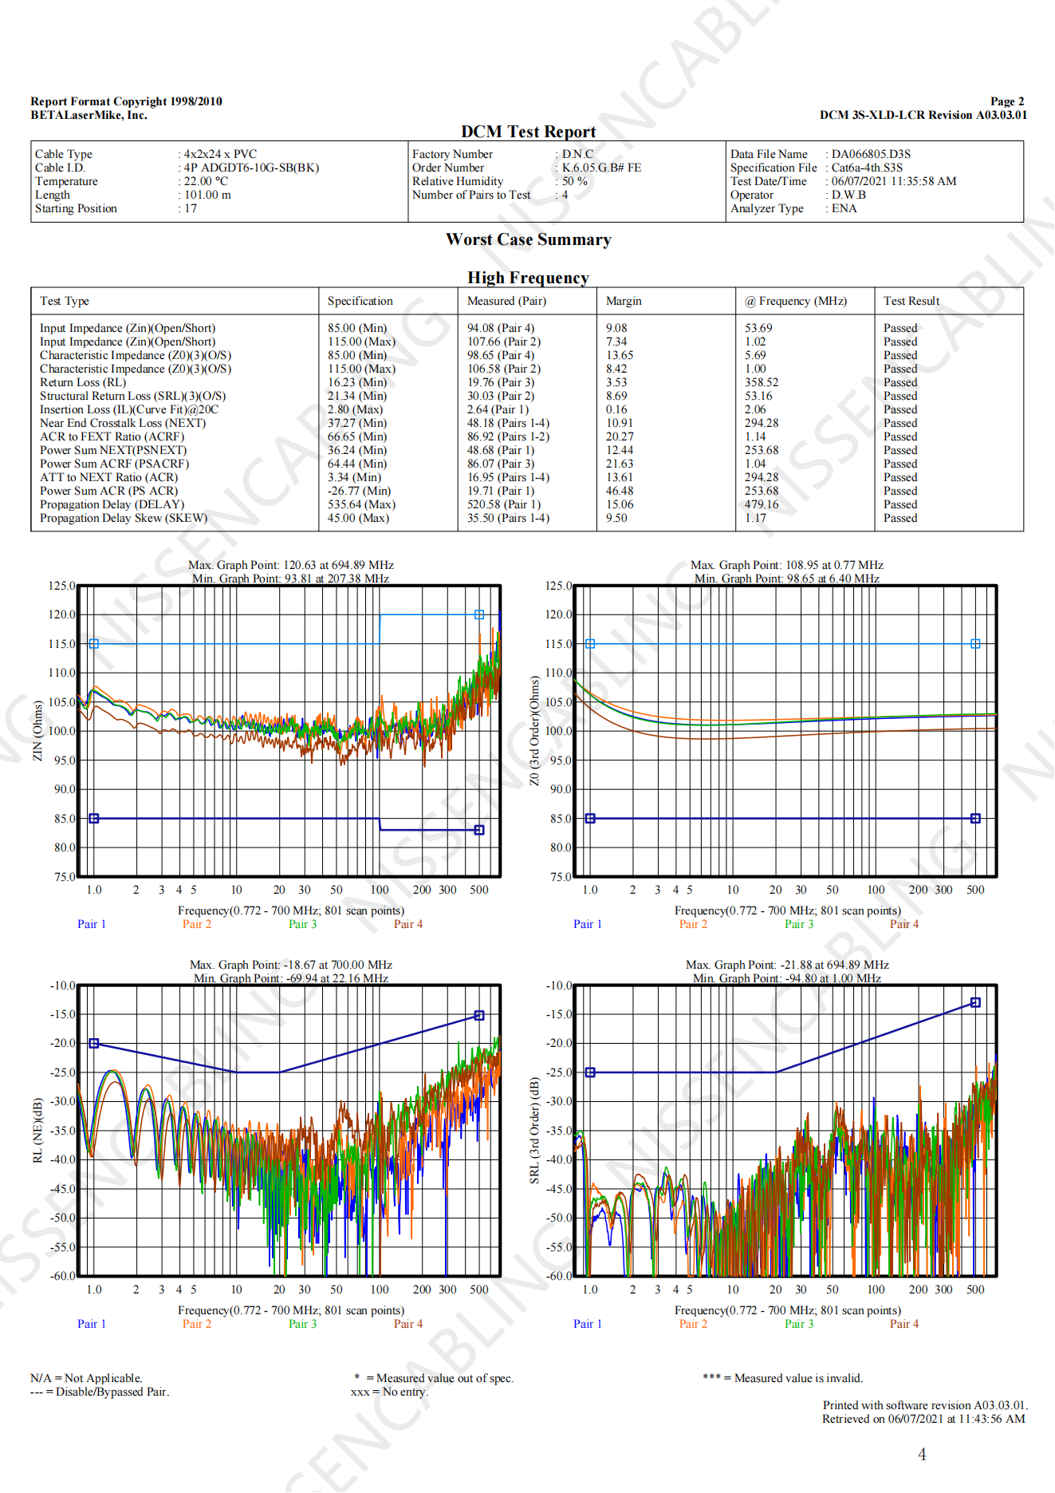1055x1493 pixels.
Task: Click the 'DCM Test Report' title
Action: pyautogui.click(x=528, y=132)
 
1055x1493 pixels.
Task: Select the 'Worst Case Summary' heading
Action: pyautogui.click(x=528, y=239)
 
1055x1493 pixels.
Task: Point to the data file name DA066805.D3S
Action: pyautogui.click(x=871, y=154)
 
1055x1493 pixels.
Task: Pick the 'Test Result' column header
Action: pyautogui.click(x=911, y=301)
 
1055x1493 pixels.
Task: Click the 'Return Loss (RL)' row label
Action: pyautogui.click(x=83, y=382)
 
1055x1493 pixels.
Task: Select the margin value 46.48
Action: pyautogui.click(x=619, y=491)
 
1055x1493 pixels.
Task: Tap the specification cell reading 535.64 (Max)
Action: pyautogui.click(x=361, y=504)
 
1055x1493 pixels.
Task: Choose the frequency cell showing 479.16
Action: pyautogui.click(x=761, y=504)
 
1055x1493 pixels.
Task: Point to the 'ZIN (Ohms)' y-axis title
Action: pyautogui.click(x=37, y=731)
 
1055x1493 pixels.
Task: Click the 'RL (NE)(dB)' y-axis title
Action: pyautogui.click(x=37, y=1130)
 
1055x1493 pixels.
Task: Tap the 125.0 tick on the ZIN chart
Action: pyautogui.click(x=61, y=586)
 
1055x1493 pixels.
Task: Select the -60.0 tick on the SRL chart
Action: pyautogui.click(x=558, y=1276)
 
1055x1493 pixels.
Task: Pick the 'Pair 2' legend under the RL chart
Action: pyautogui.click(x=196, y=1324)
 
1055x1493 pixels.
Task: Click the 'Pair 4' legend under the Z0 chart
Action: pyautogui.click(x=903, y=924)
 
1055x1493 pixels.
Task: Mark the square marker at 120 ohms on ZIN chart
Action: pyautogui.click(x=479, y=614)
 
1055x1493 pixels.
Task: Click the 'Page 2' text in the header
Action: pyautogui.click(x=1006, y=101)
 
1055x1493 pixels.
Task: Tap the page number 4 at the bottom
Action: pyautogui.click(x=922, y=1454)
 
